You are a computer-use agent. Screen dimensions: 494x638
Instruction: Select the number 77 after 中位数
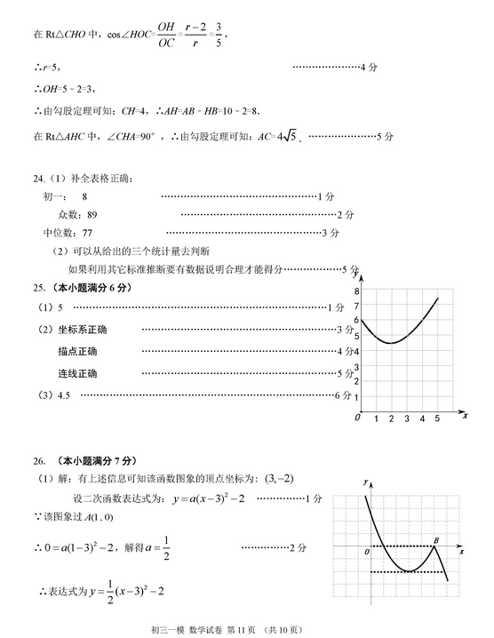[x=87, y=233]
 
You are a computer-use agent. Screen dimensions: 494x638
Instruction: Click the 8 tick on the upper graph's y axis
[x=356, y=291]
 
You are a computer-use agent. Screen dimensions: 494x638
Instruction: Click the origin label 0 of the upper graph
[x=357, y=418]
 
